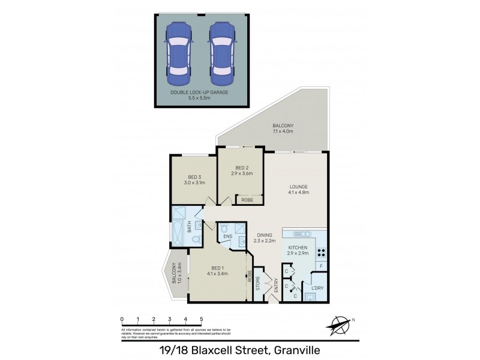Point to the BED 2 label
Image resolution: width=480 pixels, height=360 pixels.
click(242, 170)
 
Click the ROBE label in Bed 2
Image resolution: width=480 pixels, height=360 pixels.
click(246, 200)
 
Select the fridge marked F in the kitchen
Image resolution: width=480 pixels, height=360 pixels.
click(322, 266)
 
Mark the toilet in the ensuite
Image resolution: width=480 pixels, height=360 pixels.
click(224, 228)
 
